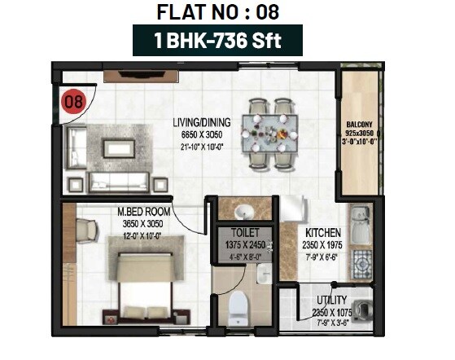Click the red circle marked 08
coord(73,102)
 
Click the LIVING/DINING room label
coord(201,123)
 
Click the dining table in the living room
coord(271,127)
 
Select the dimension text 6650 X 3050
coord(201,134)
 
